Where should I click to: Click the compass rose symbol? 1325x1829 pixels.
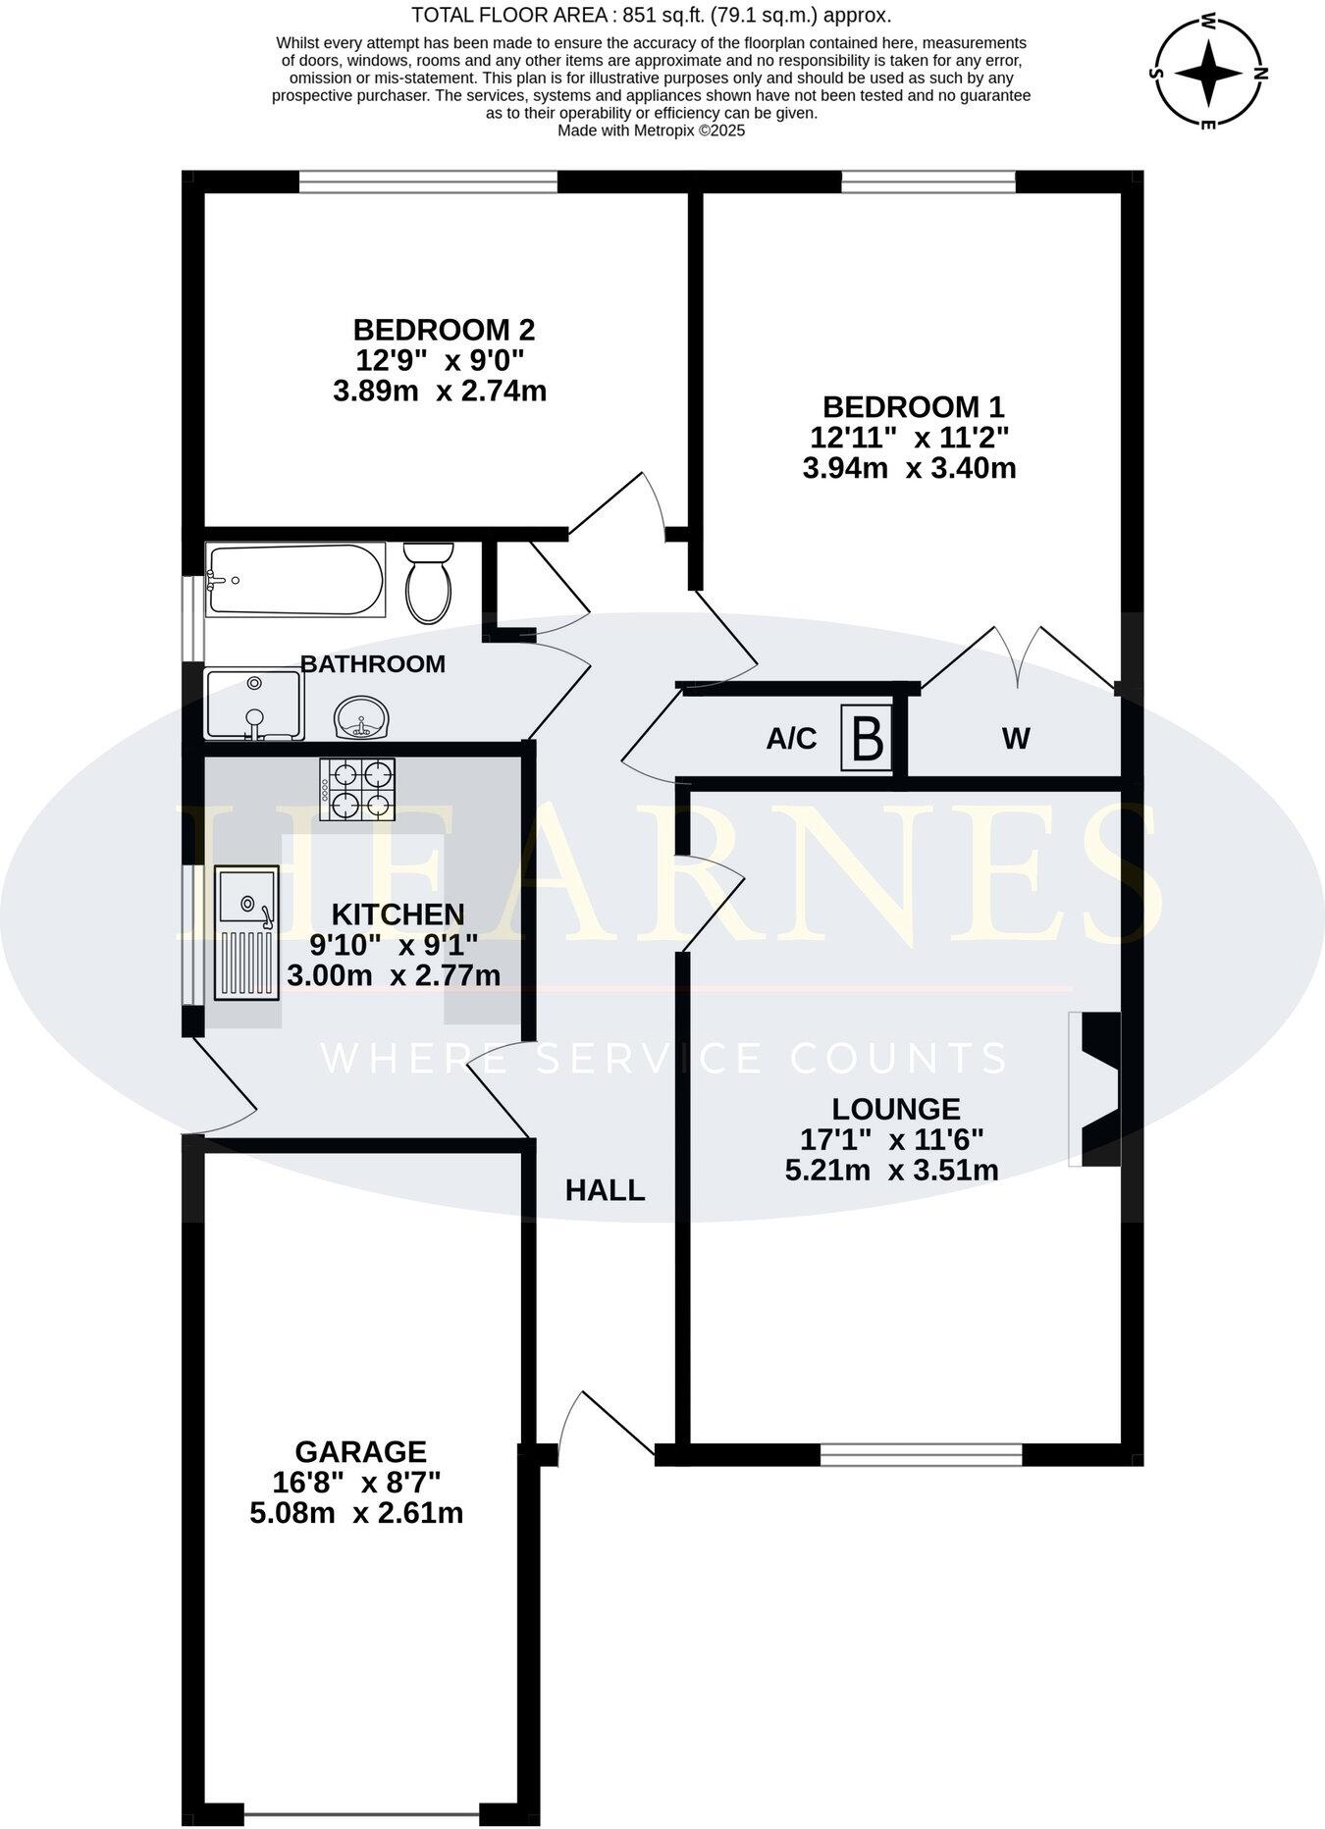click(x=1209, y=74)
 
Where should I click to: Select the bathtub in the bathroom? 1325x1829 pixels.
click(x=294, y=581)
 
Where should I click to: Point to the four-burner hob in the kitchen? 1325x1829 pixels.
click(x=357, y=789)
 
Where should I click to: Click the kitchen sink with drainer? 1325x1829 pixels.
click(x=247, y=932)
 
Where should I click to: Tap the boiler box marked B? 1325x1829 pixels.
click(x=867, y=739)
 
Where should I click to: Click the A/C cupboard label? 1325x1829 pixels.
click(x=791, y=739)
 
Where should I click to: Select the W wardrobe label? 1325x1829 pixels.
click(x=1016, y=739)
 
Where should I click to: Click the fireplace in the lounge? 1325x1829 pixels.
click(x=1097, y=1089)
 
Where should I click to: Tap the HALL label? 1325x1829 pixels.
click(x=605, y=1190)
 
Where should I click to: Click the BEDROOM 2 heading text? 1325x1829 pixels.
click(x=444, y=329)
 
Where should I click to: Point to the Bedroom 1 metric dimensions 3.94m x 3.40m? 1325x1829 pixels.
click(x=909, y=468)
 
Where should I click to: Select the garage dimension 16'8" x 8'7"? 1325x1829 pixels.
click(x=361, y=1482)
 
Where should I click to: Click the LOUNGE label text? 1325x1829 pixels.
click(x=895, y=1109)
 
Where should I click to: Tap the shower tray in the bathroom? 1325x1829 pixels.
click(x=253, y=704)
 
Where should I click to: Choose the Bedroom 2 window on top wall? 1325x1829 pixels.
click(x=428, y=182)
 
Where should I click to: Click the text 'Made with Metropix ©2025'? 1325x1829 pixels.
click(x=651, y=130)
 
